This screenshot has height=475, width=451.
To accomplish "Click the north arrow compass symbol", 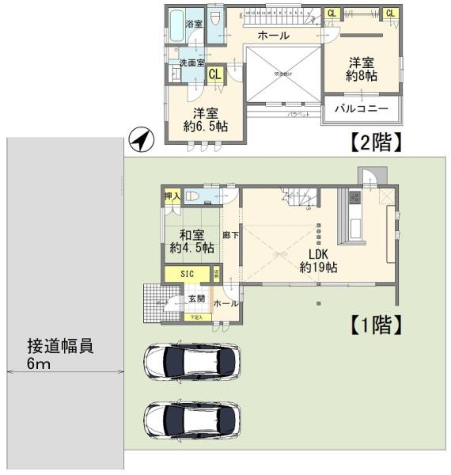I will click(x=140, y=141).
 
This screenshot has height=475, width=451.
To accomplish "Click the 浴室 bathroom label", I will click(x=194, y=24).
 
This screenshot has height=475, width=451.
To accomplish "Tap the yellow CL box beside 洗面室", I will click(x=214, y=74).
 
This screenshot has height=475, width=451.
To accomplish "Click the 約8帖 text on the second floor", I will click(x=361, y=76).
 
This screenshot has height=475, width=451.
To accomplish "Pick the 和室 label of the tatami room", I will click(x=192, y=234).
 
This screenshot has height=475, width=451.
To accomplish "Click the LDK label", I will click(x=318, y=254).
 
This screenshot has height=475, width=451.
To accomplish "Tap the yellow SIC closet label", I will click(x=188, y=273).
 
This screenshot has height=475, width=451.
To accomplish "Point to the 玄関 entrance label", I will click(x=195, y=298).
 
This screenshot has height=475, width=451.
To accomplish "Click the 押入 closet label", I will click(x=172, y=196).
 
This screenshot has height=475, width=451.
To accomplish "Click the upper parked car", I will click(x=191, y=362).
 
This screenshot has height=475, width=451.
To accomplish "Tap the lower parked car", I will click(x=191, y=419).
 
